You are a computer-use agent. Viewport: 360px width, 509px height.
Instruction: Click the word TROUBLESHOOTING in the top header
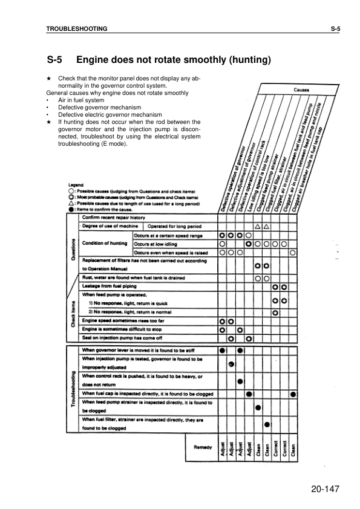coord(77,28)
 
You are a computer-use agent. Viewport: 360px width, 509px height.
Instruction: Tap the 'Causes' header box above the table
coord(302,90)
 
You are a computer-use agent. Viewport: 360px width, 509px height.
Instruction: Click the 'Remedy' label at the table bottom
coord(201,447)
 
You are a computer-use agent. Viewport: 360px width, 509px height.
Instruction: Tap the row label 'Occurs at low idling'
coord(159,244)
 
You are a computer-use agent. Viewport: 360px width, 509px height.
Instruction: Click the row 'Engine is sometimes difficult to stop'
coord(123,329)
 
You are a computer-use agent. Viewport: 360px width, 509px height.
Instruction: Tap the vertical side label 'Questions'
coord(73,247)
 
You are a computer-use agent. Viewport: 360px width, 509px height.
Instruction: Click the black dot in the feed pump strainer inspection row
coord(258,407)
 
